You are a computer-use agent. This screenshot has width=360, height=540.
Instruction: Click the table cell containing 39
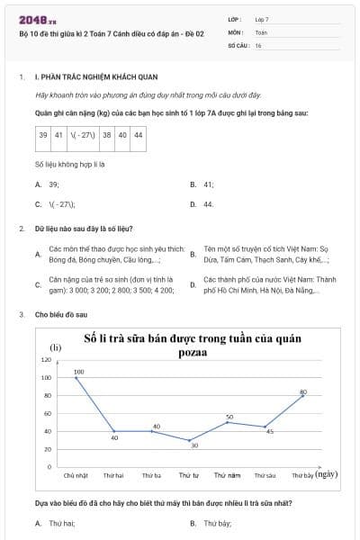43,135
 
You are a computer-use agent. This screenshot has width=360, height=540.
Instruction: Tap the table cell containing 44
138,135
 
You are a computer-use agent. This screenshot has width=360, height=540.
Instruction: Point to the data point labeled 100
76,377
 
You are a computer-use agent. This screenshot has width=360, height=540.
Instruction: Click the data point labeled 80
302,396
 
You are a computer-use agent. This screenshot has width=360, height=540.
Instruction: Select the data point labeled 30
189,441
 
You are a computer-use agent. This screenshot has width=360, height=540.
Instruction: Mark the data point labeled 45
265,427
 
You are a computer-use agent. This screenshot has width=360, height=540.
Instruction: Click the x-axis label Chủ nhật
76,475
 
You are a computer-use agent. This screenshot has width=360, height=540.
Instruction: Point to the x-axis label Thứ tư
189,475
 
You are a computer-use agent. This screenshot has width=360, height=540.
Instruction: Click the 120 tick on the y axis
47,359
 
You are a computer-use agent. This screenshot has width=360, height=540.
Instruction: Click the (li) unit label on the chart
55,346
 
